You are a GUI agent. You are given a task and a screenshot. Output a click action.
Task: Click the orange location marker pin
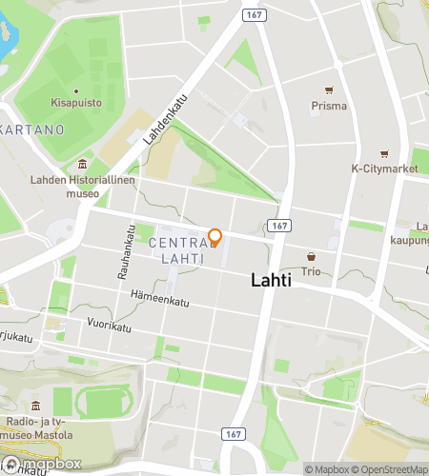[x=214, y=237]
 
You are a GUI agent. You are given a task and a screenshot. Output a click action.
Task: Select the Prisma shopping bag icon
[x=328, y=91]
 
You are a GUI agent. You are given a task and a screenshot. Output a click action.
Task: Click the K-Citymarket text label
[x=384, y=169]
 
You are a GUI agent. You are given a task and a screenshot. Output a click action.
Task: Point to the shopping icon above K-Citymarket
[x=384, y=154]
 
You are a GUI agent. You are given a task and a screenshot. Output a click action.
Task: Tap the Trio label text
[x=311, y=271]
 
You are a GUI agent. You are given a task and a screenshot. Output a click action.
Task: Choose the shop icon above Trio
[x=311, y=257]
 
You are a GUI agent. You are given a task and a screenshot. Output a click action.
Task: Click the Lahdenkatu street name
[x=165, y=120]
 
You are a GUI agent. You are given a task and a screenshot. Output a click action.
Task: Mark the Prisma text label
[x=328, y=106]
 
